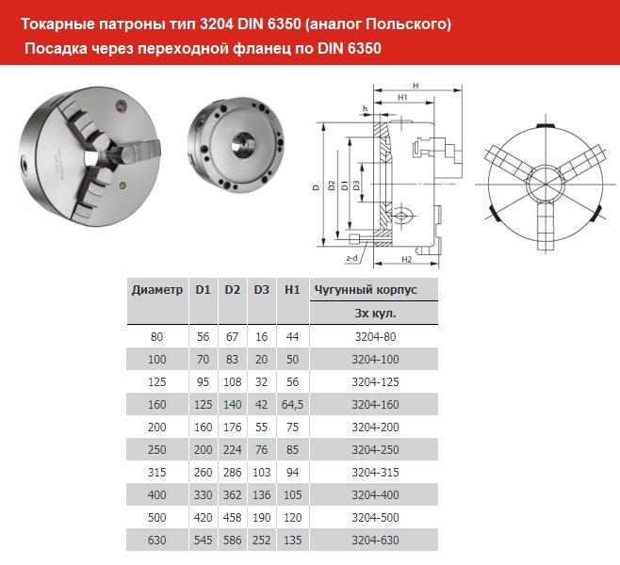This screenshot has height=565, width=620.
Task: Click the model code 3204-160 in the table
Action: [x=374, y=403]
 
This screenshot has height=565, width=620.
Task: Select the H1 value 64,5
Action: [x=291, y=403]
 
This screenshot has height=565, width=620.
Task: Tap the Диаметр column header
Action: [x=157, y=290]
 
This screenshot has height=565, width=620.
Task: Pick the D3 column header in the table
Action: [x=262, y=290]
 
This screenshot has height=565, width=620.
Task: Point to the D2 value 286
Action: [x=233, y=471]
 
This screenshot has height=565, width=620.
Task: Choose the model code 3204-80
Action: [x=374, y=335]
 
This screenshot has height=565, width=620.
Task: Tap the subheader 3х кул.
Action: [x=374, y=313]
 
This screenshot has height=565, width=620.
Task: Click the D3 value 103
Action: [x=262, y=471]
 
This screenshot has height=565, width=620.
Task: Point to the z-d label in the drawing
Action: [x=351, y=255]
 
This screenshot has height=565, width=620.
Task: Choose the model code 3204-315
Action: [x=374, y=471]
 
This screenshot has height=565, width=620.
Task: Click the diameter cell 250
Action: [x=157, y=448]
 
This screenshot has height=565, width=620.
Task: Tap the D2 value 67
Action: [x=233, y=335]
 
